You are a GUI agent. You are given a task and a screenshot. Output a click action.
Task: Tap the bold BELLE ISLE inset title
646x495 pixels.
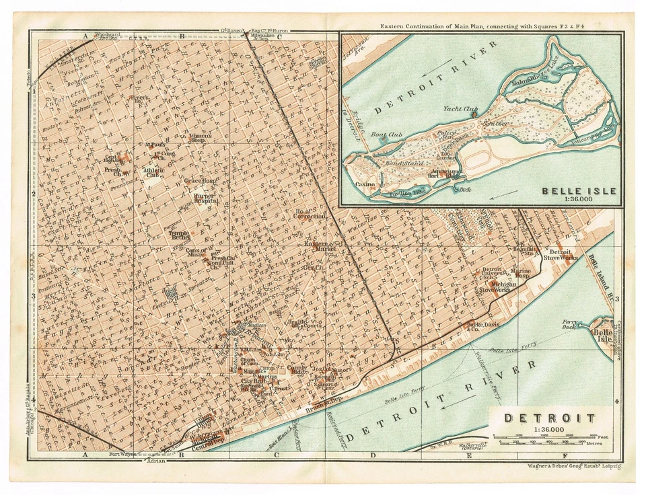click(x=579, y=191)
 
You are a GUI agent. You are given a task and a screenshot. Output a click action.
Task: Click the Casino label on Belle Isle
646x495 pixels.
click(x=365, y=183)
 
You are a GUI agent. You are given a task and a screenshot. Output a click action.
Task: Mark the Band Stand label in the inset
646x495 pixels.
click(x=404, y=163)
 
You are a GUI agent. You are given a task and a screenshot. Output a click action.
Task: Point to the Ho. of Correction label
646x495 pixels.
click(x=310, y=216)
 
